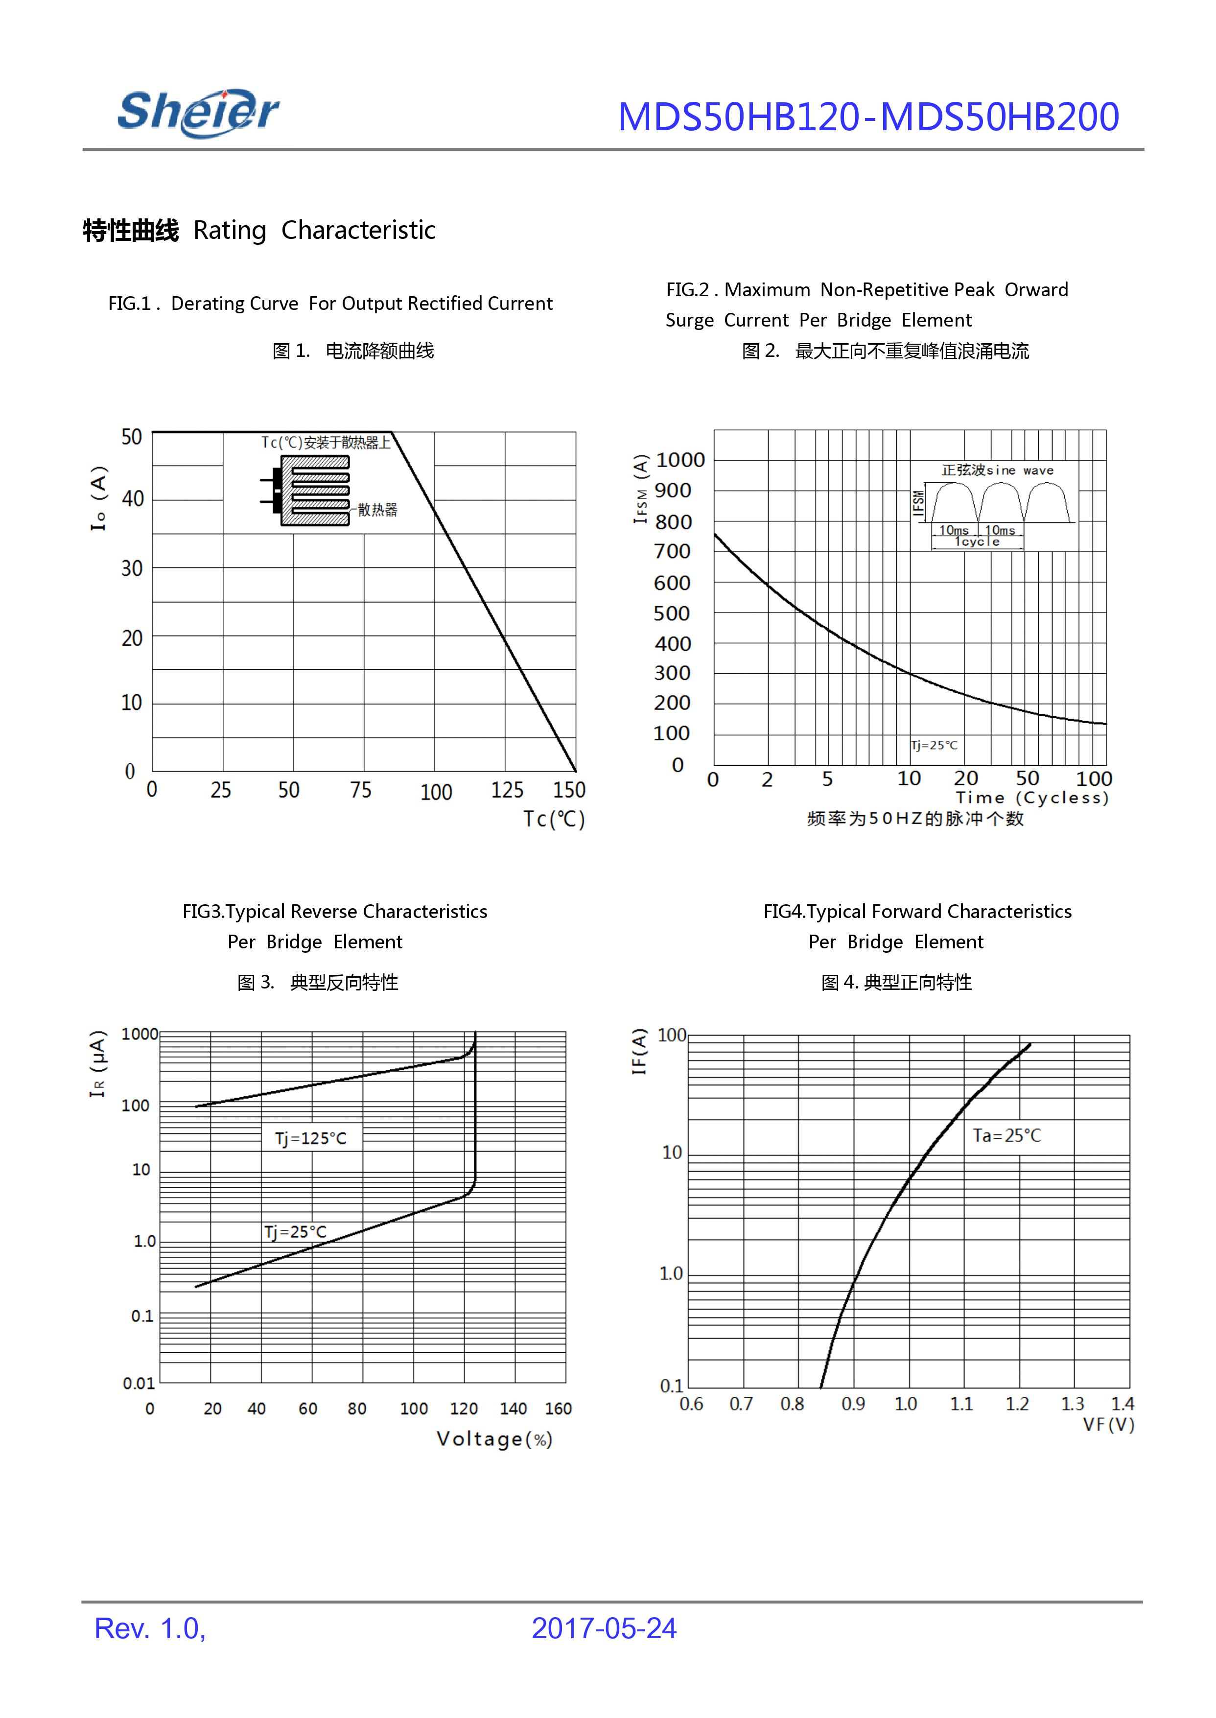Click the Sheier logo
tap(198, 113)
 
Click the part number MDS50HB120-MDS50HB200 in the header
tap(868, 117)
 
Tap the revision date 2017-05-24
tap(604, 1628)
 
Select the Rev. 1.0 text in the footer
tap(150, 1628)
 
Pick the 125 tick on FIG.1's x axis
tap(507, 790)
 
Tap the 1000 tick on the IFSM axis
tap(680, 460)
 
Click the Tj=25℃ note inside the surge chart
tap(934, 745)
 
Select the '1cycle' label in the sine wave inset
tap(977, 541)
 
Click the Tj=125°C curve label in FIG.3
tap(311, 1138)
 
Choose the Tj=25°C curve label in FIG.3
tap(295, 1232)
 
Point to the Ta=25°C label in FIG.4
tap(1006, 1135)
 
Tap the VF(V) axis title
tap(1108, 1424)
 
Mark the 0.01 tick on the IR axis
tap(139, 1383)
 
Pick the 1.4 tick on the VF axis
tap(1122, 1404)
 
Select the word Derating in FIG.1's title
tap(198, 304)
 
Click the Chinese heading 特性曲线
tap(131, 231)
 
